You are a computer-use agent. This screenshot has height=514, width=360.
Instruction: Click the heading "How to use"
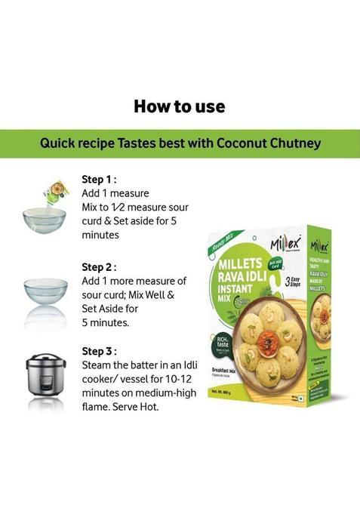tap(180, 106)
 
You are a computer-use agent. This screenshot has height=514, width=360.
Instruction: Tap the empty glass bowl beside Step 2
tap(45, 292)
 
